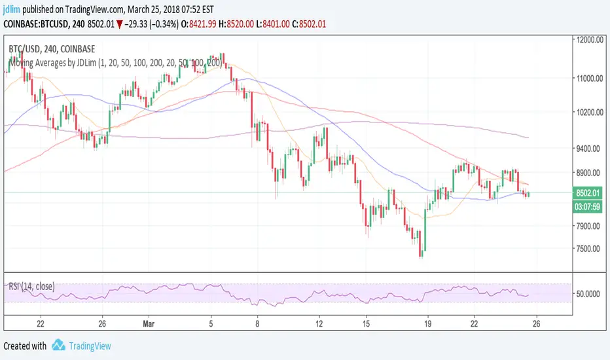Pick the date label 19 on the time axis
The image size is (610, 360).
click(x=427, y=323)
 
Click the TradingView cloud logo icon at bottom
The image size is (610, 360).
click(x=58, y=345)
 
